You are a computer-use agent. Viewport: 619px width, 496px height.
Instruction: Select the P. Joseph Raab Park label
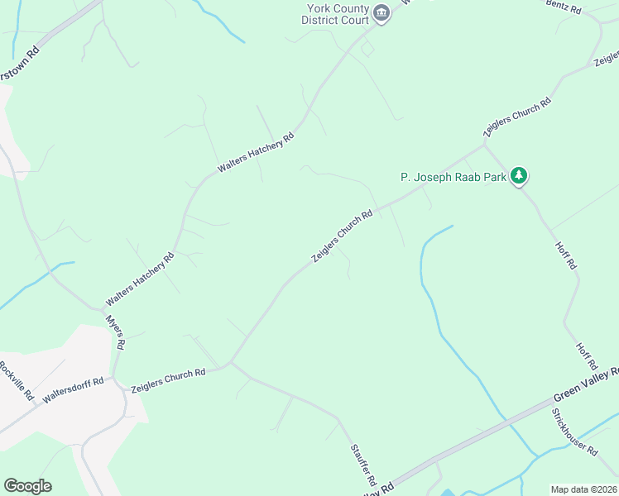pyautogui.click(x=453, y=177)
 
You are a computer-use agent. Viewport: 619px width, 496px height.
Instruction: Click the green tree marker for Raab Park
pyautogui.click(x=519, y=175)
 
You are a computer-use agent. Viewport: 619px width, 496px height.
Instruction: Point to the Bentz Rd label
pyautogui.click(x=564, y=8)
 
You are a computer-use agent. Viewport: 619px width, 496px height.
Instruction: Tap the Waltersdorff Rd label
pyautogui.click(x=73, y=389)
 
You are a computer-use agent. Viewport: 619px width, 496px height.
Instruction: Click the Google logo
pyautogui.click(x=27, y=486)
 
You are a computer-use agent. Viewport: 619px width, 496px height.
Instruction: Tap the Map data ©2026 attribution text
pyautogui.click(x=584, y=489)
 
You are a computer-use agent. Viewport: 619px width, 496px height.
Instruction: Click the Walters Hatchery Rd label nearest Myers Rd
pyautogui.click(x=140, y=279)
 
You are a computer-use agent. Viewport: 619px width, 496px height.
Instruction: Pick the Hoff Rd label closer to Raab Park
pyautogui.click(x=565, y=253)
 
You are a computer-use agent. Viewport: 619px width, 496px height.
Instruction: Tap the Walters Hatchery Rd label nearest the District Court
pyautogui.click(x=256, y=153)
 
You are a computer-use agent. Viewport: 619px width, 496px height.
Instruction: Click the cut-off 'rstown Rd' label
pyautogui.click(x=21, y=62)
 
